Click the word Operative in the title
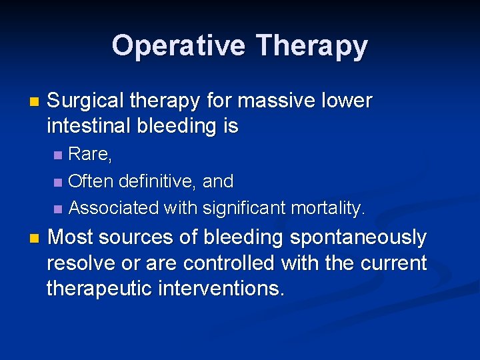(179, 46)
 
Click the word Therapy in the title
(311, 46)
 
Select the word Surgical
(86, 101)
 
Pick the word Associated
(113, 208)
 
